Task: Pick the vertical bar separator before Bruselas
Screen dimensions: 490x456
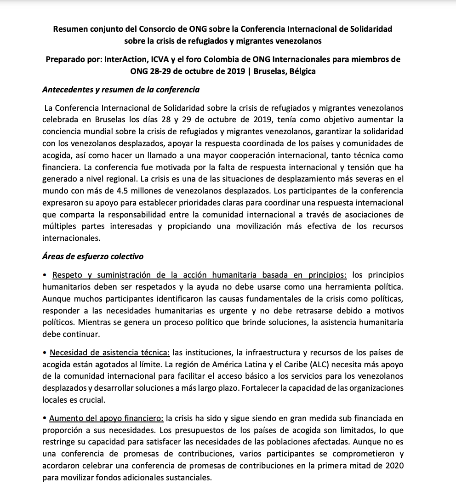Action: pos(249,71)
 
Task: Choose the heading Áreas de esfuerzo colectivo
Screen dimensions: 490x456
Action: pos(93,256)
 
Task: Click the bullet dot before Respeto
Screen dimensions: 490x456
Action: pos(45,275)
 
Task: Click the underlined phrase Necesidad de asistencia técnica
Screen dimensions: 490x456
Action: pos(110,353)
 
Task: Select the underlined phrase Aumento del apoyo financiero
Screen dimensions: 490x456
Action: pos(106,418)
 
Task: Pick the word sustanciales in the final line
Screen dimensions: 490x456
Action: pos(188,478)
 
